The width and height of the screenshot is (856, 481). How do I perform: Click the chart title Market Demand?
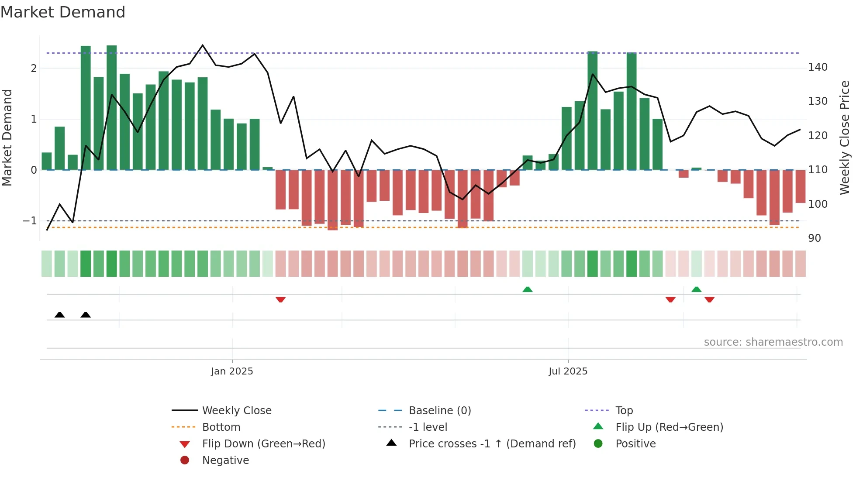(x=63, y=12)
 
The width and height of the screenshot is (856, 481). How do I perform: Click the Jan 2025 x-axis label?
(x=232, y=371)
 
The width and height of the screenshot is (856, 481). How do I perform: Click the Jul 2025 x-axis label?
(x=568, y=371)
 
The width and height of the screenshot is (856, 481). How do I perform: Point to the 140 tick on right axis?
(x=818, y=67)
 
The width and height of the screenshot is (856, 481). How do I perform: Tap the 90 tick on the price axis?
(x=815, y=238)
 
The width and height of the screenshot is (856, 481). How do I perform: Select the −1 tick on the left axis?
(x=30, y=221)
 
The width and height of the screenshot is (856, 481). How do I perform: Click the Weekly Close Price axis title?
(x=845, y=137)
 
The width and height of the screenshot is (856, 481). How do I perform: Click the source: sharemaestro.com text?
(x=773, y=342)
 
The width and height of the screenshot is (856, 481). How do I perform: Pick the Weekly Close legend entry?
(x=236, y=411)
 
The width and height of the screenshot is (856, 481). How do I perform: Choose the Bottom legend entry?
(x=221, y=427)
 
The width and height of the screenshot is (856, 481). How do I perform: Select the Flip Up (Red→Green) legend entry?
(x=669, y=427)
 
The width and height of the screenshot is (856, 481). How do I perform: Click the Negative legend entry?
(x=225, y=460)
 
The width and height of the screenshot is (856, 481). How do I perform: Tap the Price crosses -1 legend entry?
(x=492, y=444)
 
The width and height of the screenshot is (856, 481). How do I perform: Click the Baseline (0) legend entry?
(x=439, y=411)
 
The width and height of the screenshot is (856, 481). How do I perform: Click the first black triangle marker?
(x=60, y=315)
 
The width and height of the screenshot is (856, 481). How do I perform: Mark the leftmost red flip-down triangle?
(x=280, y=299)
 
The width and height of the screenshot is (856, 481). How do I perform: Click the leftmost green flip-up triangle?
(x=528, y=289)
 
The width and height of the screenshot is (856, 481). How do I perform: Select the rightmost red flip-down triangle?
(x=709, y=299)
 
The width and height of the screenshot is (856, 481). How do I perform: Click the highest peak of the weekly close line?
(x=202, y=45)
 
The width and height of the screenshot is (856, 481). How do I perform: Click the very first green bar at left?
(x=47, y=161)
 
